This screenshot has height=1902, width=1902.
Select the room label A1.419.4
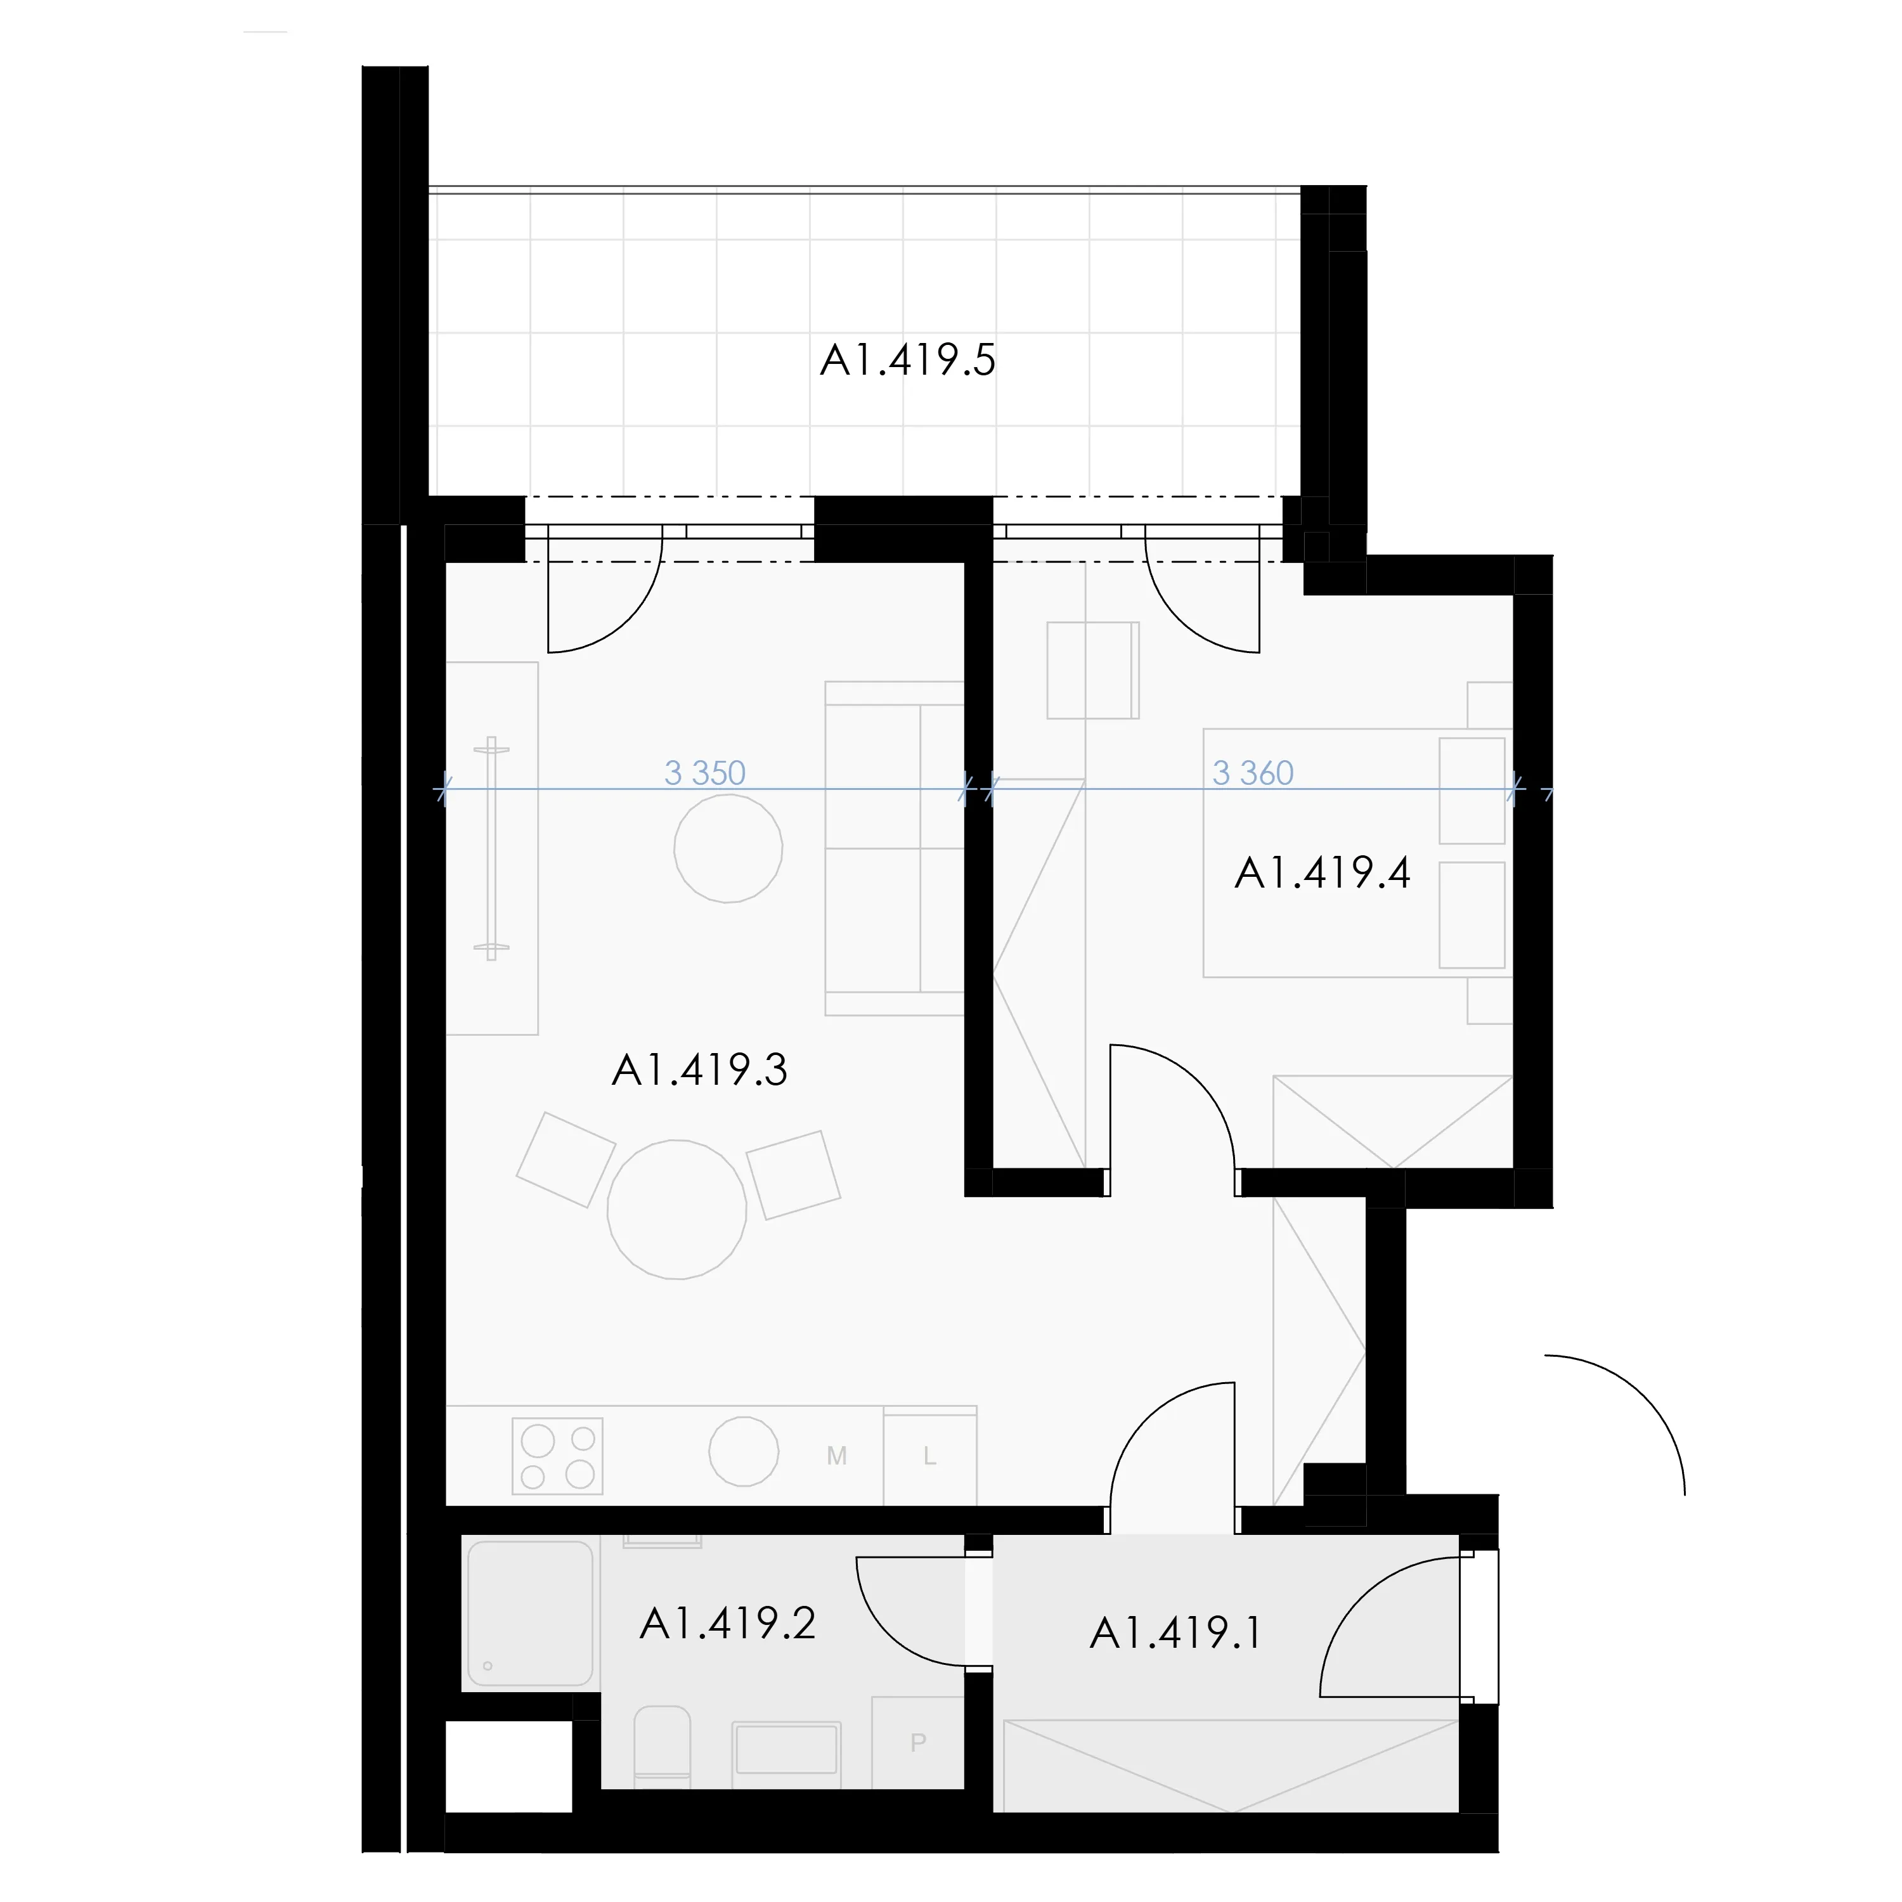pyautogui.click(x=1322, y=873)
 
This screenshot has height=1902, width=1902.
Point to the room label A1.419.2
pyautogui.click(x=728, y=1624)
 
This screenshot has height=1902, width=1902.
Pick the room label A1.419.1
pyautogui.click(x=1175, y=1634)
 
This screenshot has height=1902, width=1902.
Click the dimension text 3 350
pyautogui.click(x=705, y=773)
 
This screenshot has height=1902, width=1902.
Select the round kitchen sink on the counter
pyautogui.click(x=744, y=1451)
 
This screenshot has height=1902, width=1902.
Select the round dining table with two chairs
pyautogui.click(x=676, y=1210)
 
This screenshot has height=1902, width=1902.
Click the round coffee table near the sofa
pyautogui.click(x=728, y=848)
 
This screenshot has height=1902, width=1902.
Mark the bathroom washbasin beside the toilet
pyautogui.click(x=786, y=1747)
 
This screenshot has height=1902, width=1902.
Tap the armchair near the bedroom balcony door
pyautogui.click(x=1093, y=670)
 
